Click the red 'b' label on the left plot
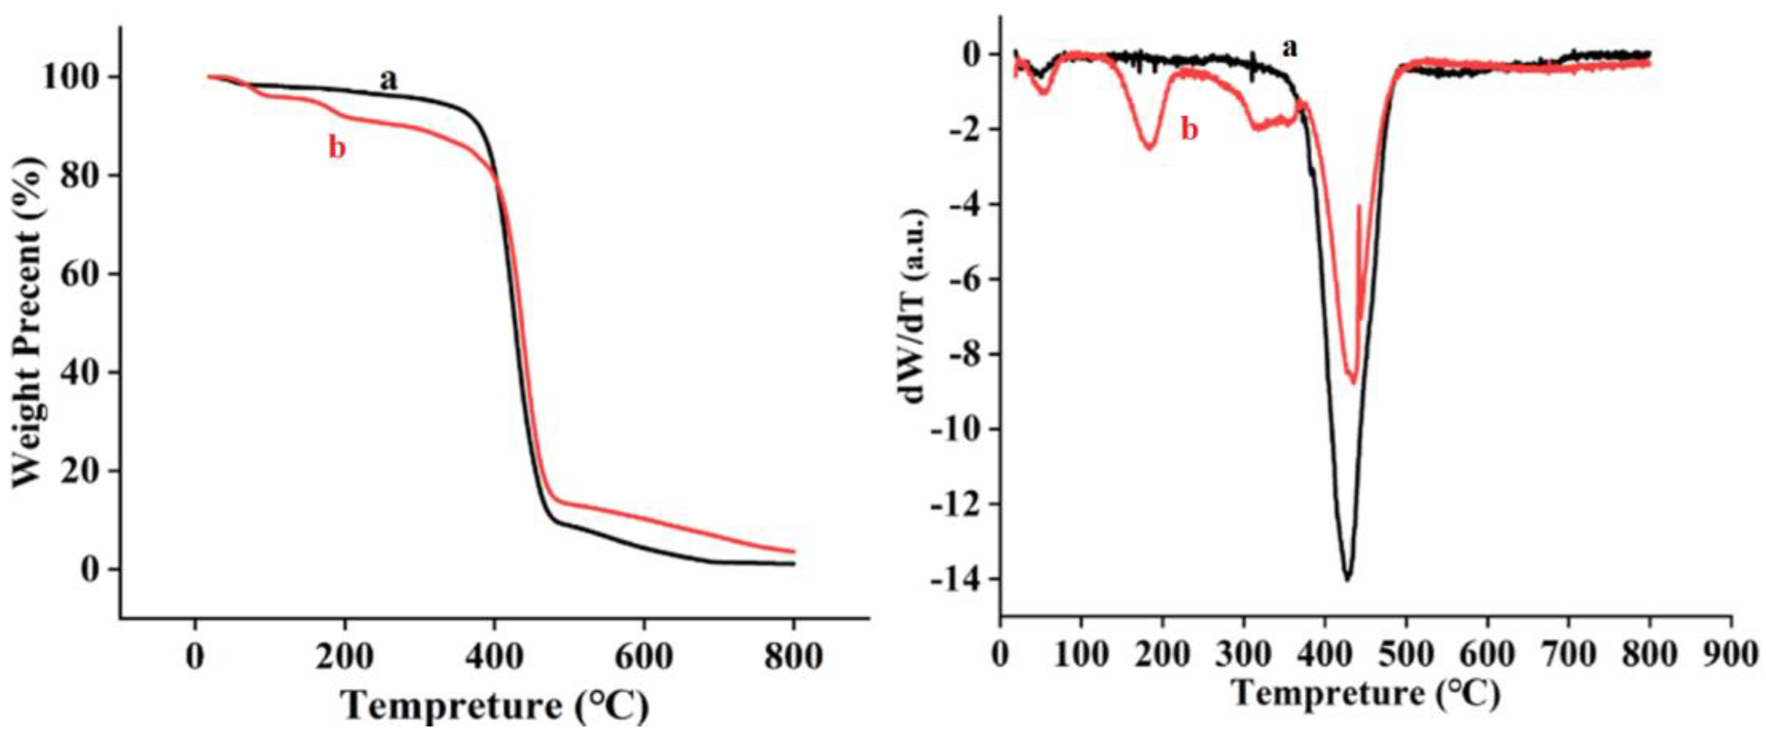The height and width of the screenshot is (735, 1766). (x=336, y=148)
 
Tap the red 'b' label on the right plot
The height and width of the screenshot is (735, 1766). (x=1190, y=129)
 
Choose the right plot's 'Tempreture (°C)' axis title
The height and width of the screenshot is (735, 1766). (x=1366, y=694)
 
